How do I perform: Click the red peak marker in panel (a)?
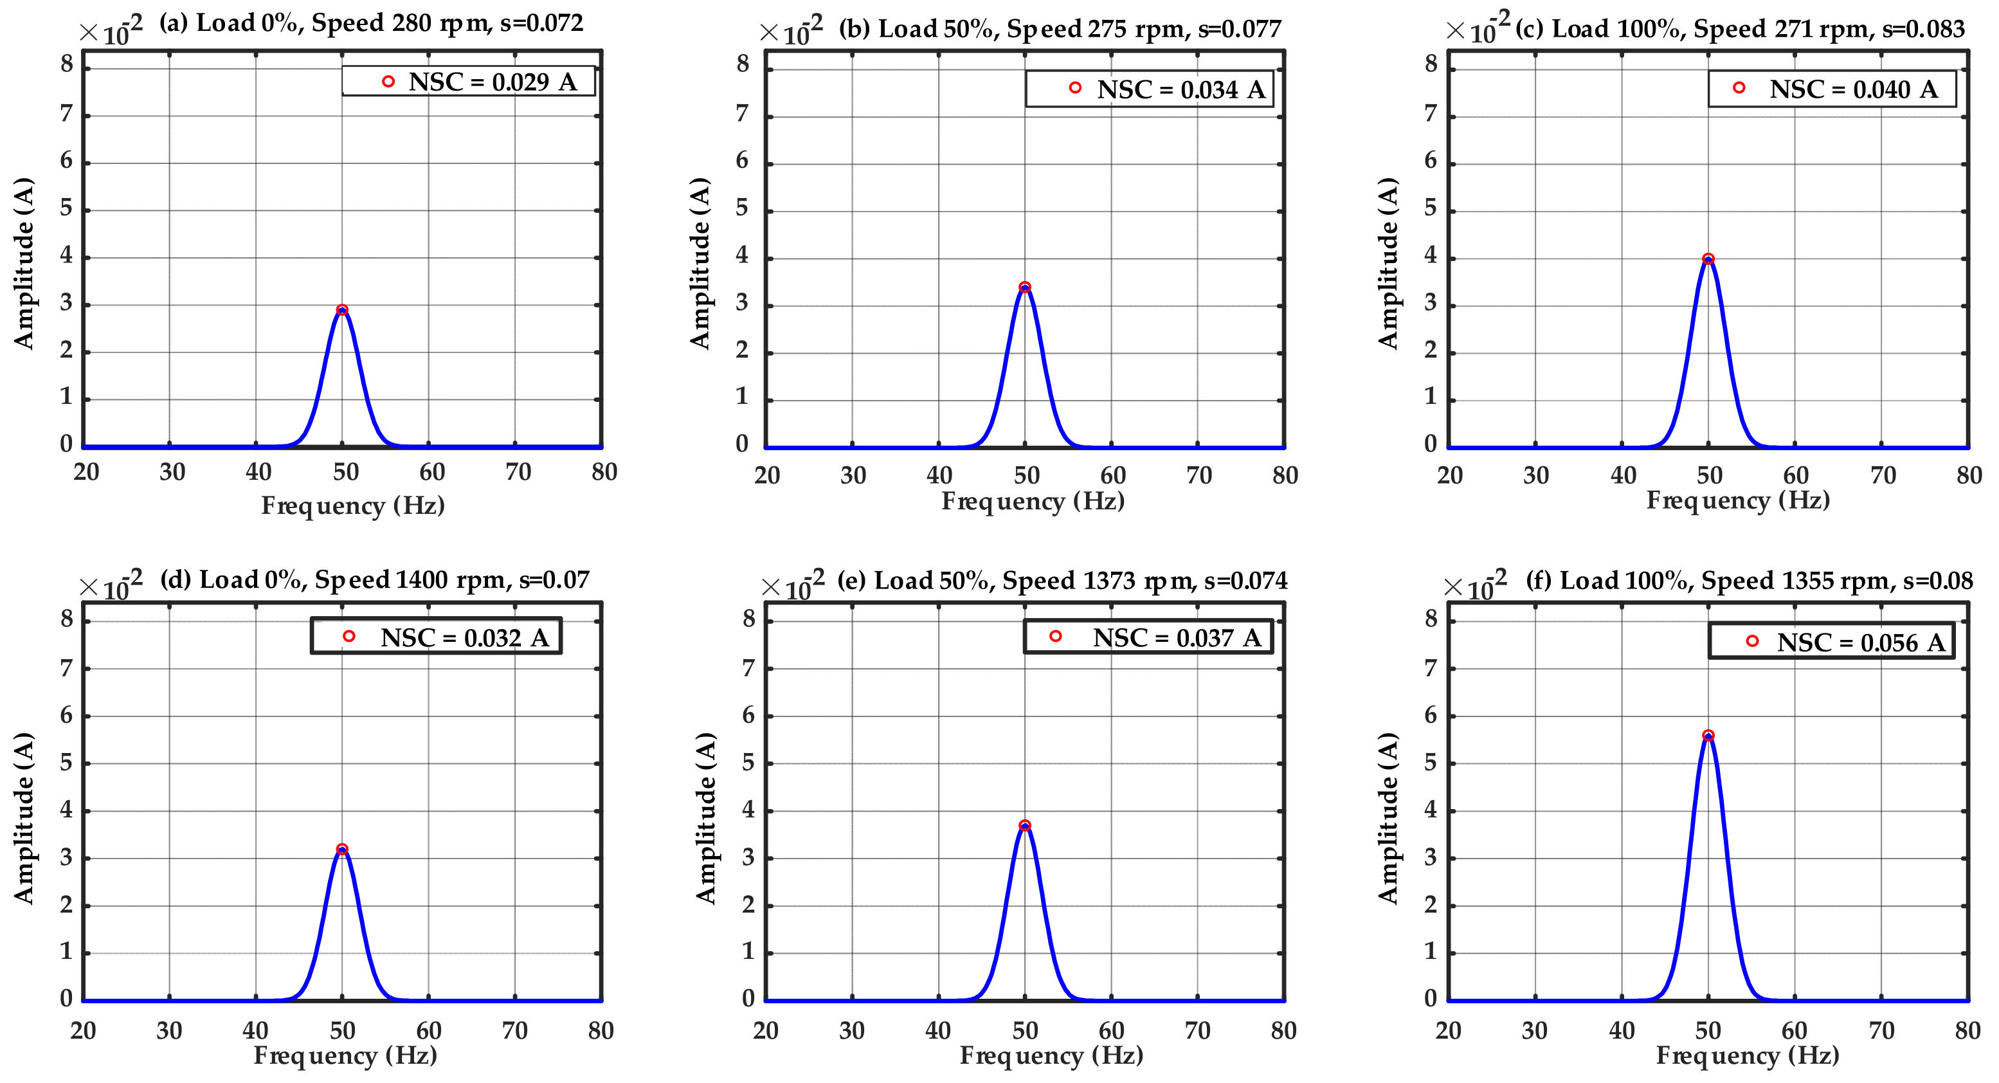342,310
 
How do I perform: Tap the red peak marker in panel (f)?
1708,735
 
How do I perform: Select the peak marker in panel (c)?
1708,259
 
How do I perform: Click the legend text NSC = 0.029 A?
492,82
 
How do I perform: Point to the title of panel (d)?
374,580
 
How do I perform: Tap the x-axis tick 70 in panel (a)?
518,472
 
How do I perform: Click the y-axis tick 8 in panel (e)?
748,619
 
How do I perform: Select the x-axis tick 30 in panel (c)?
1535,475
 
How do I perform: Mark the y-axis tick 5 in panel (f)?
1430,763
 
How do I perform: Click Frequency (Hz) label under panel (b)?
1033,502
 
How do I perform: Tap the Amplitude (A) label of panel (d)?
23,817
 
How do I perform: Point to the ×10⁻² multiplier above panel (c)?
1477,30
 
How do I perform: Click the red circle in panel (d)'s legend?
349,637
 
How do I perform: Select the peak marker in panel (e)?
1025,826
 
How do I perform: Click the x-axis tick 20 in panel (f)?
1448,1031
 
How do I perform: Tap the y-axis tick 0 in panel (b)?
742,444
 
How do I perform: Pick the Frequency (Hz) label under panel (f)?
1748,1056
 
